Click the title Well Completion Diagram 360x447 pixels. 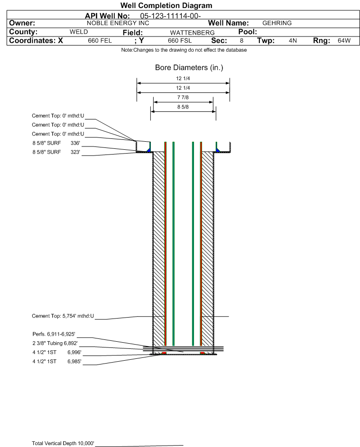[166, 5]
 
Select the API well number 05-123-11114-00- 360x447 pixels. [170, 16]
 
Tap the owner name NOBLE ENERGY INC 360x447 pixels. [118, 23]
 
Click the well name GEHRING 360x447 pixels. [277, 23]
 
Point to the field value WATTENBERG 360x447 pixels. [192, 33]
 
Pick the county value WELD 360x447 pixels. [79, 32]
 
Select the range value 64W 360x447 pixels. [344, 40]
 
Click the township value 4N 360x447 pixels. [293, 40]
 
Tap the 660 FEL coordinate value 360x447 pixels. [100, 40]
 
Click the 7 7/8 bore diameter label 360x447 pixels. [183, 98]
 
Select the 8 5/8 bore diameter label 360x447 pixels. [183, 107]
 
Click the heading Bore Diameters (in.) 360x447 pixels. [189, 68]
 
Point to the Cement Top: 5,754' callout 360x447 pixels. [63, 316]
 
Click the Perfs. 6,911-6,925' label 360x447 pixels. [54, 334]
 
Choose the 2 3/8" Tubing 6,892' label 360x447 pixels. [55, 343]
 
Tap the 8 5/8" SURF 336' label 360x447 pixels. [56, 143]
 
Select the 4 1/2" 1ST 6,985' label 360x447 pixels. [57, 362]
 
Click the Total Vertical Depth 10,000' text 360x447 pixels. [63, 443]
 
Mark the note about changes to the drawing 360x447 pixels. [184, 50]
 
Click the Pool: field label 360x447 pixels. [248, 32]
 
